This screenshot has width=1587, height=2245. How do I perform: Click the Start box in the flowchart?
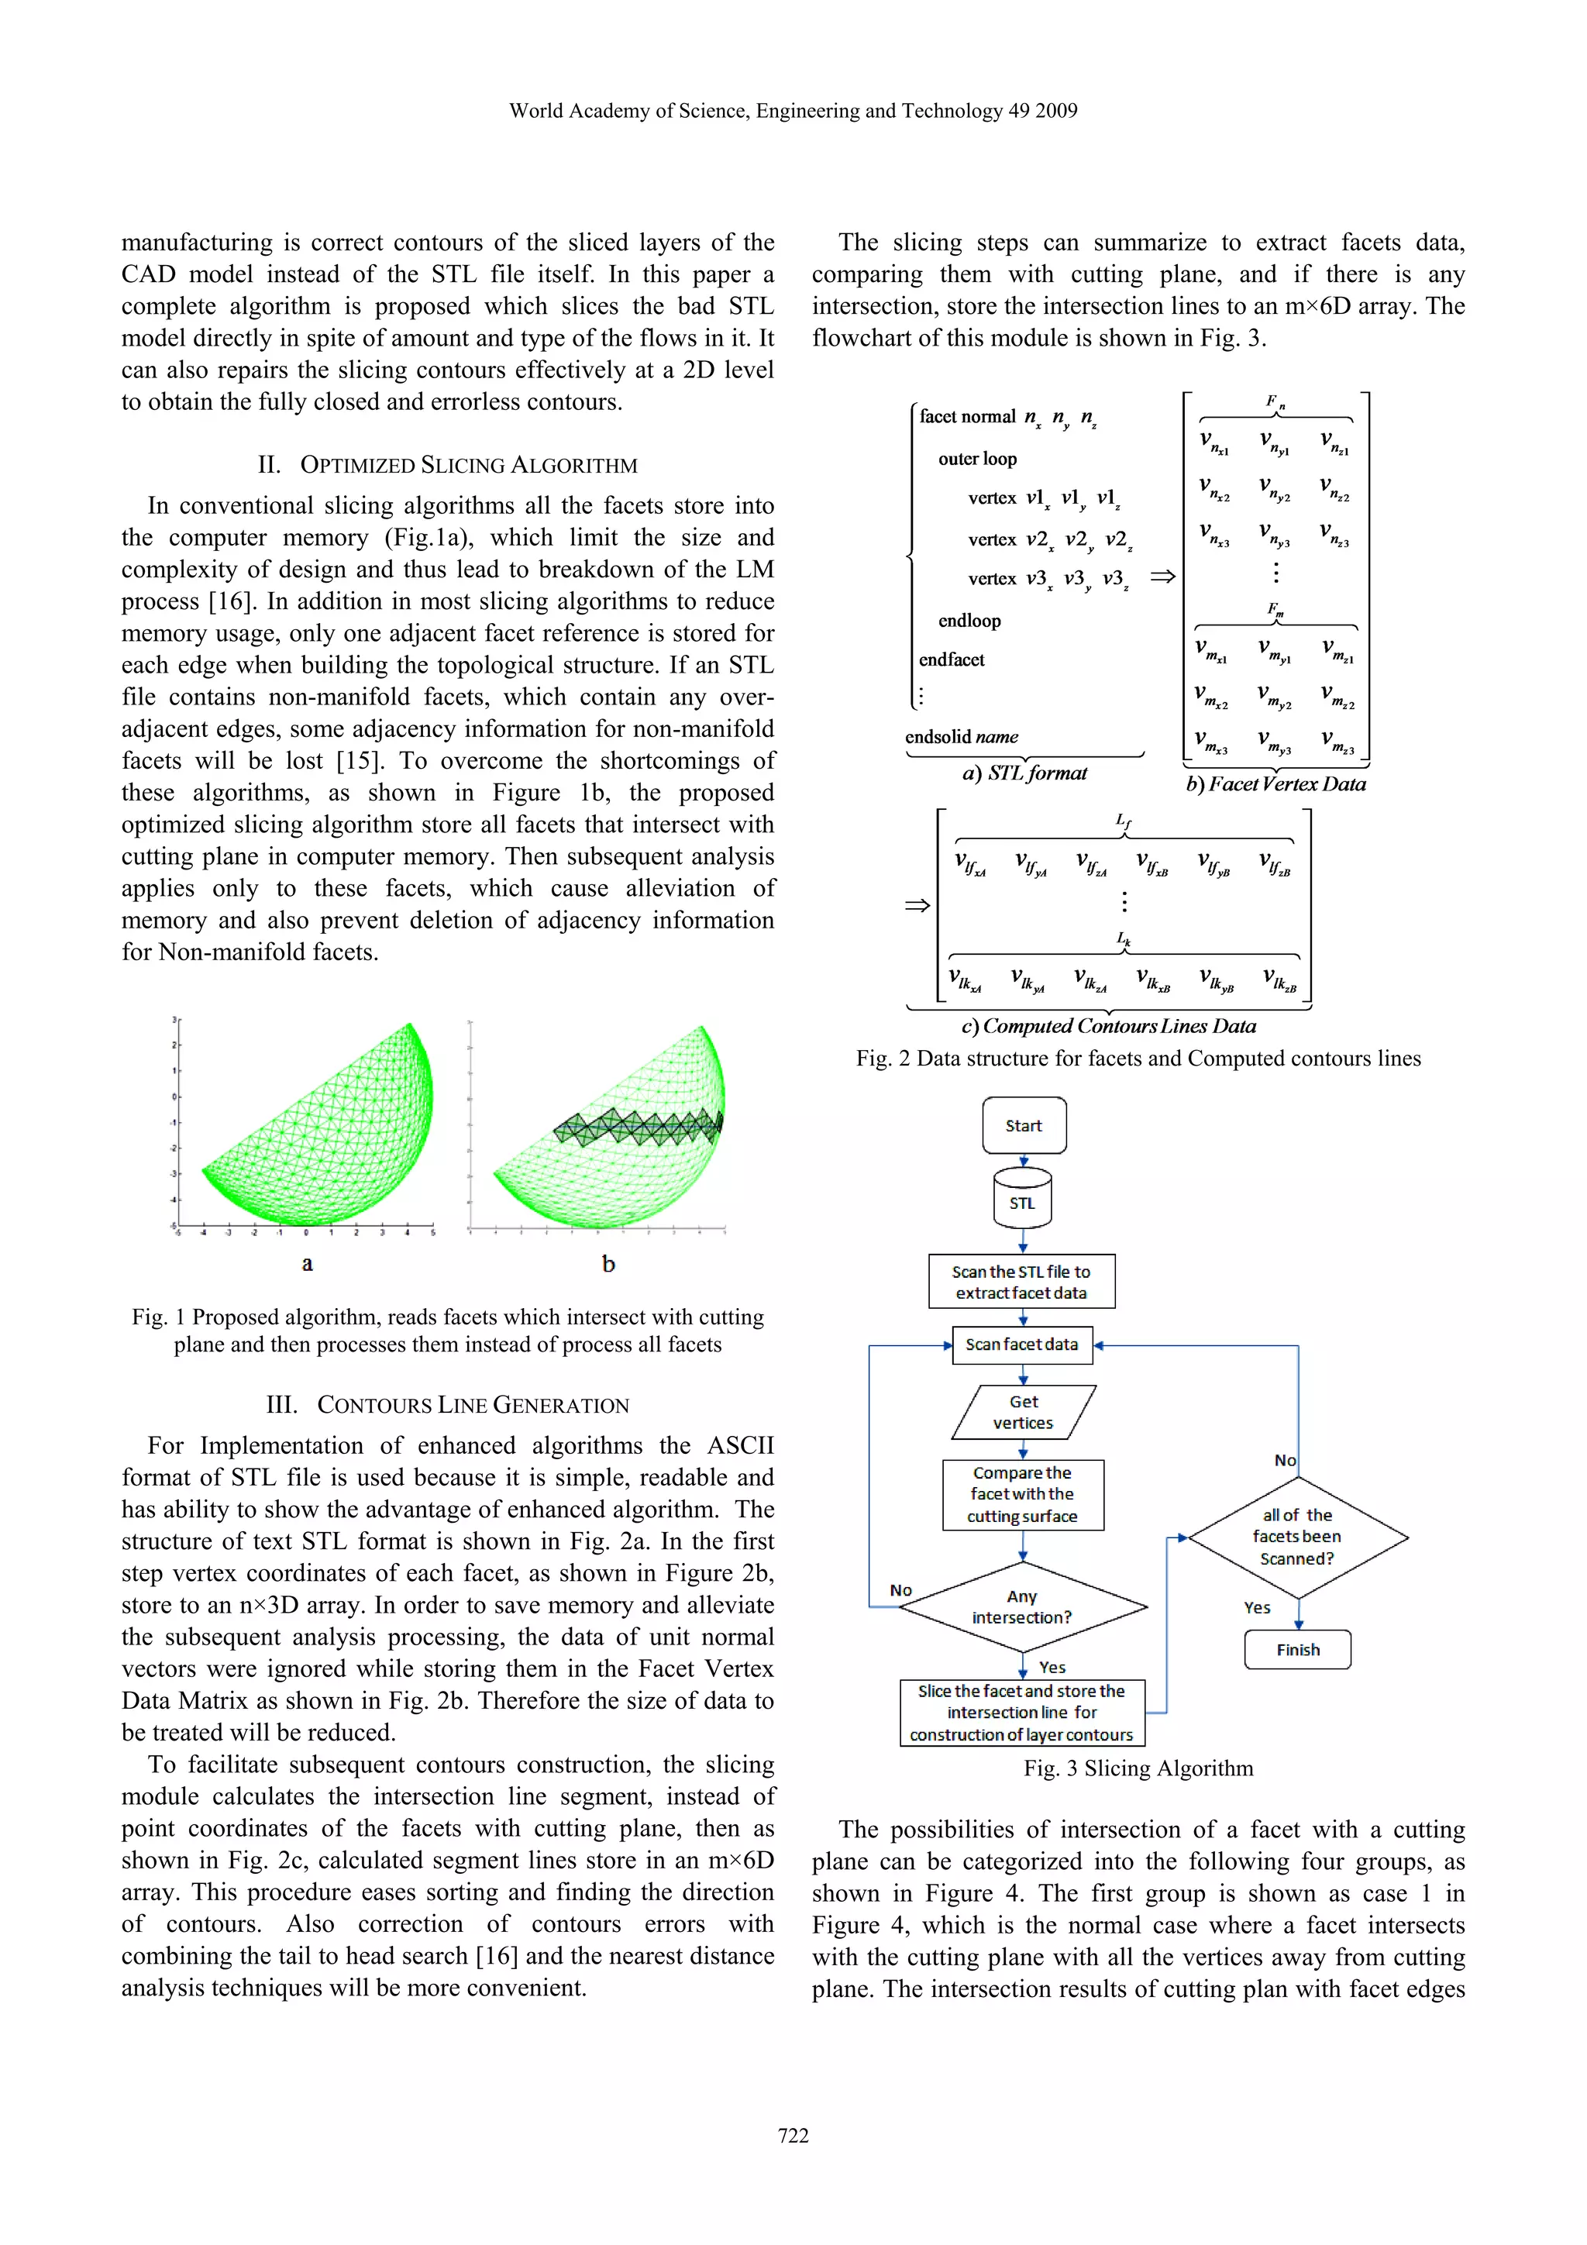pos(1024,1125)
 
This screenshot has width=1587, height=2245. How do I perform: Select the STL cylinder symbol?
pos(1023,1199)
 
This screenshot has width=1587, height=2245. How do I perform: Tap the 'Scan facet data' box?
pos(1022,1345)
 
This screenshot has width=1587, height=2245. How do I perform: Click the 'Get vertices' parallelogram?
pos(1023,1412)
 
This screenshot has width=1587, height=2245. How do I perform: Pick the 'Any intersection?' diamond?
pos(1022,1606)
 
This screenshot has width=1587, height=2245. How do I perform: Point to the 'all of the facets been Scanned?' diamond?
pos(1297,1536)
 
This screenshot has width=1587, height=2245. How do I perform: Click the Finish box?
pos(1297,1650)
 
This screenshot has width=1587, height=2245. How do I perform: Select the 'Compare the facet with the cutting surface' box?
pos(1023,1494)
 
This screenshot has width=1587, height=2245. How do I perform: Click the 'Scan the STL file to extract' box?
pos(1022,1282)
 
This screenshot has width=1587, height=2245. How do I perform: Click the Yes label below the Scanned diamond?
pos(1258,1607)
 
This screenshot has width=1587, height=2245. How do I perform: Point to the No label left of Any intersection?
pos(900,1591)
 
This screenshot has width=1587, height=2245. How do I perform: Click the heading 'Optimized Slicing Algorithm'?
pos(448,466)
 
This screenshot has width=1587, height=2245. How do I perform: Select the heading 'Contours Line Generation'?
pos(448,1405)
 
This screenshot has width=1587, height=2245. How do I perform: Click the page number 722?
pos(793,2136)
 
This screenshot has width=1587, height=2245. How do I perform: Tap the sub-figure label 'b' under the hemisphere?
pos(608,1264)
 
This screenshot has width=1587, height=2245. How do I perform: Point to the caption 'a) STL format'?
pos(1024,773)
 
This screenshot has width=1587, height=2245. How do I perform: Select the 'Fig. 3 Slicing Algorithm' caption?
pos(1138,1768)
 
